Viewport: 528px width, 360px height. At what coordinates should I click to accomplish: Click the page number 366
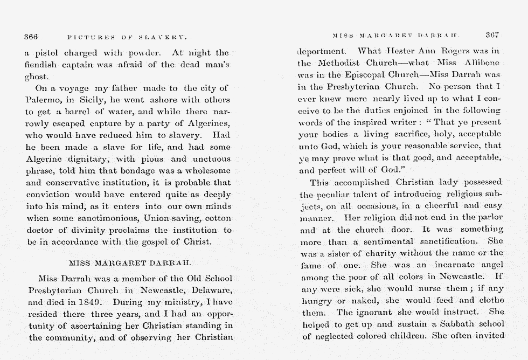tap(31, 37)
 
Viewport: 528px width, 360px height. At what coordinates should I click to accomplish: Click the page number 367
tap(492, 35)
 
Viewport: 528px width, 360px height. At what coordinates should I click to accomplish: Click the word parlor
tap(488, 217)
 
